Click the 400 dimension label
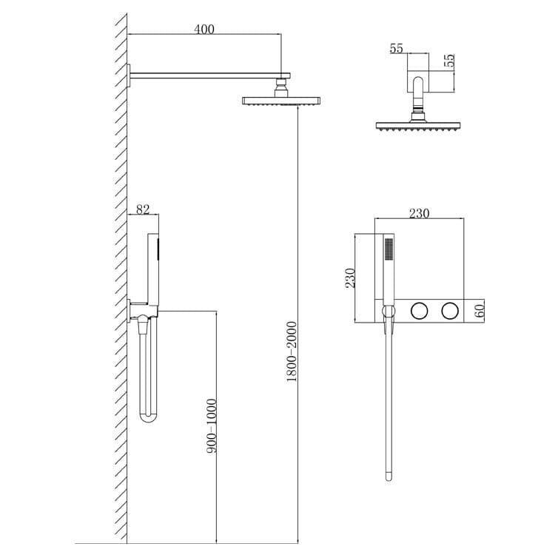pos(204,30)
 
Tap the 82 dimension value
pos(143,209)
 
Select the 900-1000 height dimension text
pos(212,425)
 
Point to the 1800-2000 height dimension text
pos(292,351)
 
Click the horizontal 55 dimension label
pos(397,49)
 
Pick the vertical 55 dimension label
pos(449,61)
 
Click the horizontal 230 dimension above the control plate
pos(419,213)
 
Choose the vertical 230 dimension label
pos(350,277)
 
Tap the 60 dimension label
pos(480,311)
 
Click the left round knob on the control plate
pos(419,311)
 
